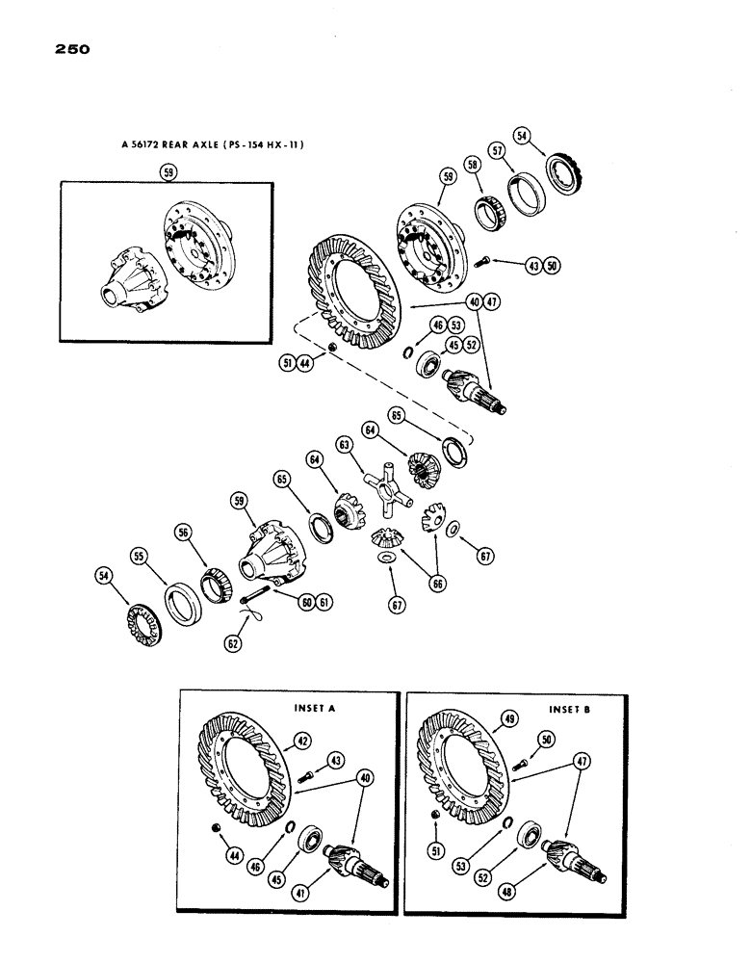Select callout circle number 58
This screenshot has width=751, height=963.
[x=474, y=167]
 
